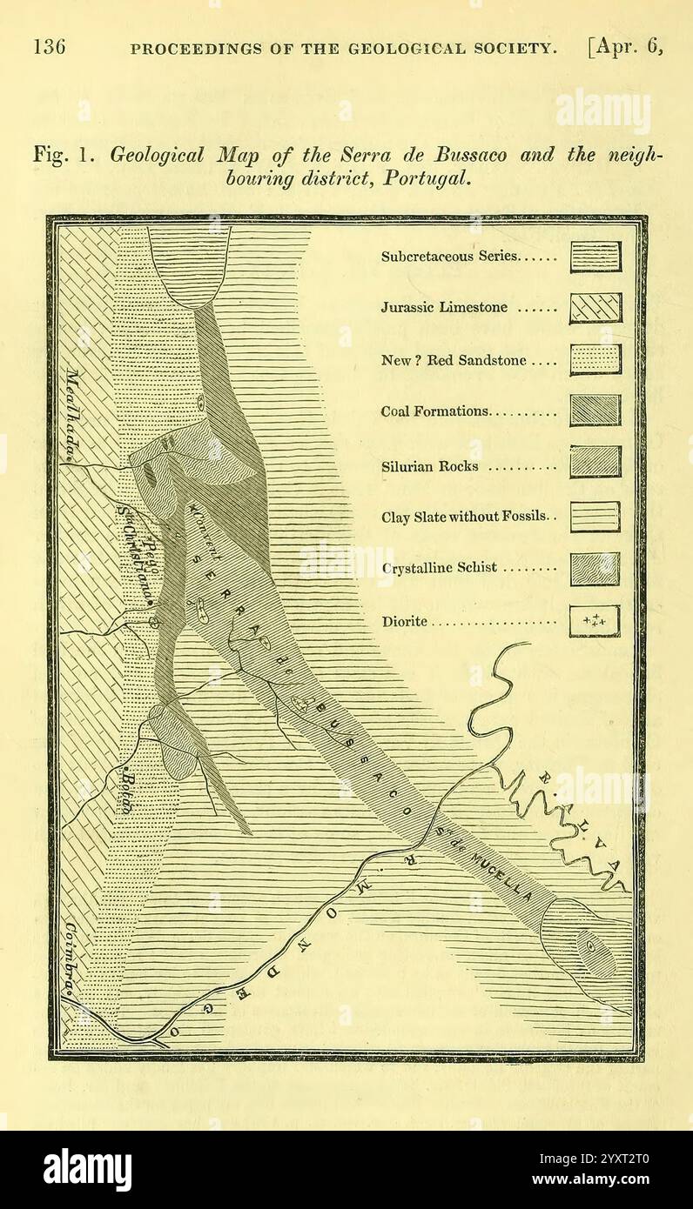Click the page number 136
point(50,47)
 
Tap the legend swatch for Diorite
point(595,621)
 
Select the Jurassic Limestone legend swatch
point(595,308)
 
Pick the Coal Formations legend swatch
point(595,411)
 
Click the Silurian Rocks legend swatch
point(595,462)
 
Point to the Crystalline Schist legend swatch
point(595,569)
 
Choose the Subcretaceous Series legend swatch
point(595,257)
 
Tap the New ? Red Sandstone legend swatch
point(595,359)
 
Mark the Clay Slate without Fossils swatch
point(595,517)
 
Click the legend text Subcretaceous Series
point(449,257)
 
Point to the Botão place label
point(125,791)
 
